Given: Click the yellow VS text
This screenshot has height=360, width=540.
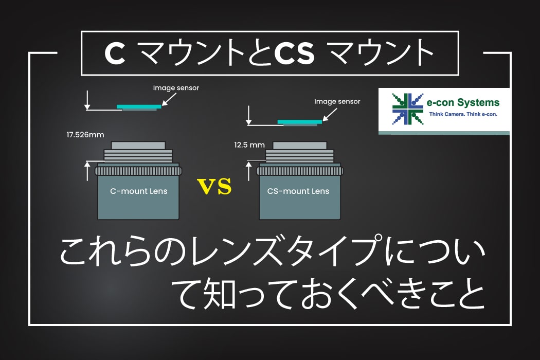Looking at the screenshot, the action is (x=214, y=186).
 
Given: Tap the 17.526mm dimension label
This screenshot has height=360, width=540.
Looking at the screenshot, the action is (x=85, y=135).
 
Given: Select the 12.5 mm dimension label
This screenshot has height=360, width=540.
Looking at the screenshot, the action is (x=249, y=145).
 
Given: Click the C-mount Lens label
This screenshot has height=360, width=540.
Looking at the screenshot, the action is (x=139, y=191).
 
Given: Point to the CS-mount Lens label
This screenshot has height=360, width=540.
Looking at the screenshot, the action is (x=298, y=191).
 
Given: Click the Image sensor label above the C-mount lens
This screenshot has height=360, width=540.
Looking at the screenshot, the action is (x=176, y=88).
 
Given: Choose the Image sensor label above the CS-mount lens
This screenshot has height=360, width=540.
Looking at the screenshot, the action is (x=337, y=102).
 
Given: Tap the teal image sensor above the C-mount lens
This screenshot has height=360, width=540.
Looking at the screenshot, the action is (x=139, y=106).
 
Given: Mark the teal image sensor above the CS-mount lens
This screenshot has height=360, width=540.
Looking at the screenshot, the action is (x=300, y=121).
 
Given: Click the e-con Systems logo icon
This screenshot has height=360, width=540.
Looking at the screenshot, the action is (x=408, y=109).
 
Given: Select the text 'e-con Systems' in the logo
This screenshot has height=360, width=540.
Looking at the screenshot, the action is (x=463, y=103).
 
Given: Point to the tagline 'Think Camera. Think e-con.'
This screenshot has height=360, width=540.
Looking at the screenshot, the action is (x=463, y=114).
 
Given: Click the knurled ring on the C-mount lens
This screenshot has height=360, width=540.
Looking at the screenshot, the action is (x=138, y=171).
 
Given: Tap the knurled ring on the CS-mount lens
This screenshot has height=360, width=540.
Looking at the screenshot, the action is (x=300, y=171).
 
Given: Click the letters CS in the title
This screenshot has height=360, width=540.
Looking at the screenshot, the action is (x=294, y=53).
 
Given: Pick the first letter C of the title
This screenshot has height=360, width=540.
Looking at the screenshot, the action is (x=115, y=53).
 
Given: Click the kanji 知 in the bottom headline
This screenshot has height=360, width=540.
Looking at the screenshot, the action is (x=220, y=294).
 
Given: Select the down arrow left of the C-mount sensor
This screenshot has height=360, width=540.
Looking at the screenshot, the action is (x=87, y=100).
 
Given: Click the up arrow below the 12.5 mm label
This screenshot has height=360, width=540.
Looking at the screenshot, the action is (x=248, y=171).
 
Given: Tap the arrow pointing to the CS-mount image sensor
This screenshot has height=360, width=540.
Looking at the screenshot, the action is (x=330, y=115).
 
